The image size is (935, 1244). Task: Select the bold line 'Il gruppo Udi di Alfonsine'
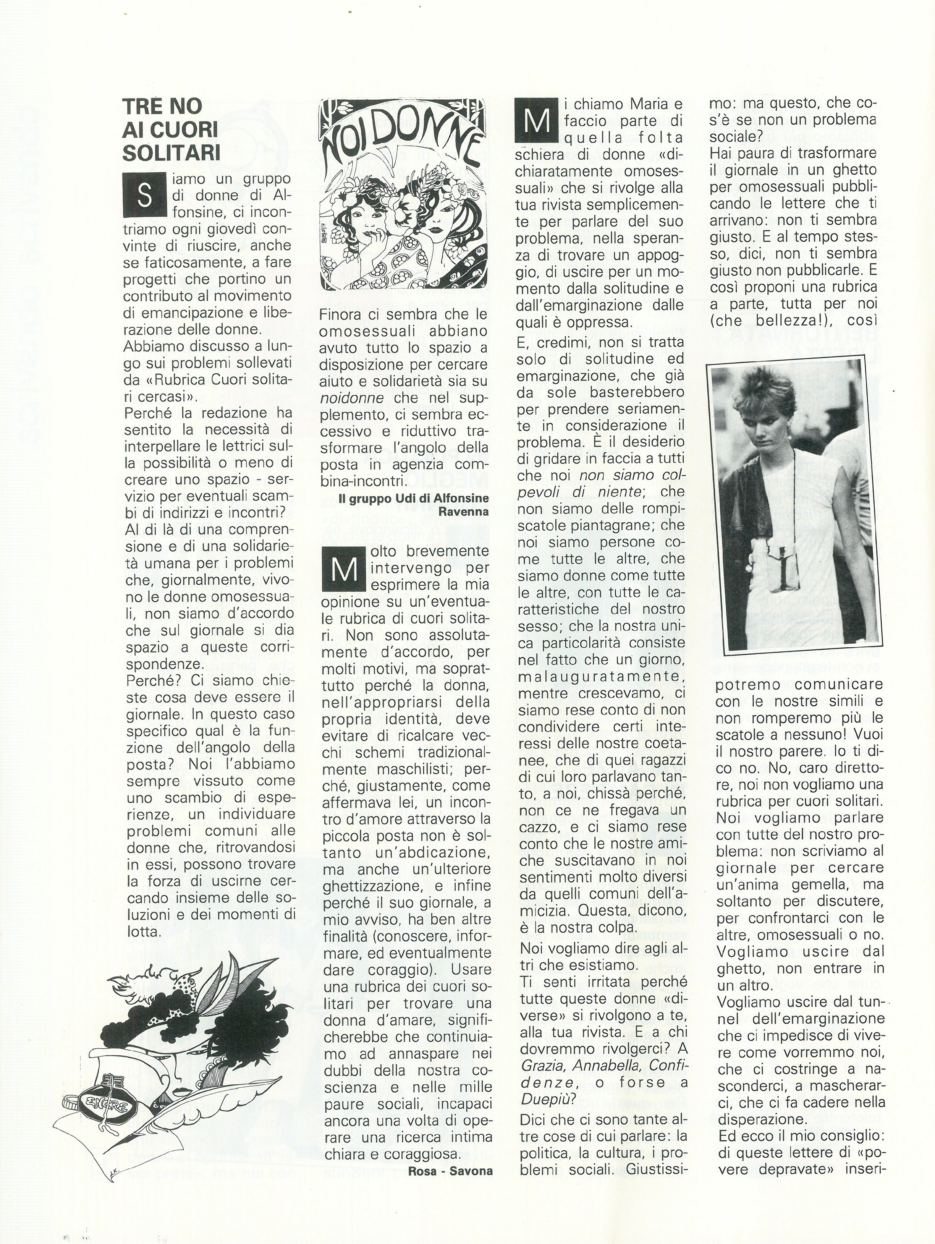pyautogui.click(x=414, y=499)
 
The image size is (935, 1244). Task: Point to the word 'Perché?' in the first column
pyautogui.click(x=145, y=681)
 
